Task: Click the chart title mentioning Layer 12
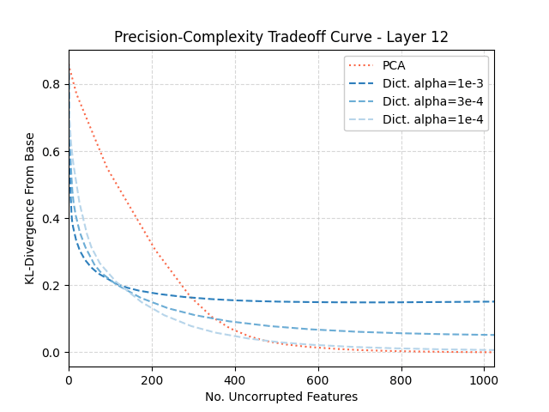point(281,37)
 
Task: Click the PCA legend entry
point(394,65)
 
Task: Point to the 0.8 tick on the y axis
point(53,84)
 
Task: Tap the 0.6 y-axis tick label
point(53,151)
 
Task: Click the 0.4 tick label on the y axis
point(53,218)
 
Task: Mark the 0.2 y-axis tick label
point(53,285)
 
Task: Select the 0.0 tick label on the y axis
point(53,352)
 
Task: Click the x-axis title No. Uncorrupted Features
point(281,397)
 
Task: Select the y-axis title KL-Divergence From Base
point(30,209)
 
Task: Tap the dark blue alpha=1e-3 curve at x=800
point(401,302)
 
